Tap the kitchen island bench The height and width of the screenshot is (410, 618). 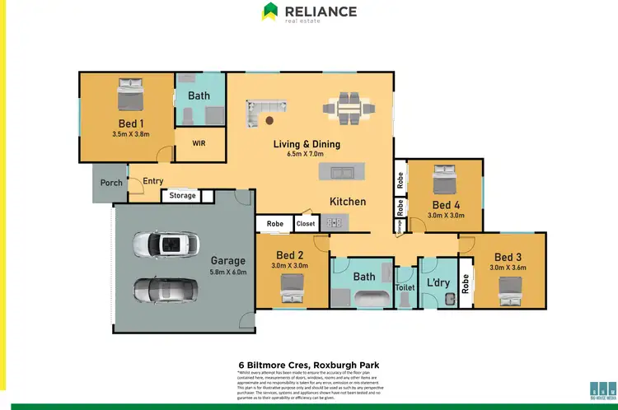pyautogui.click(x=341, y=173)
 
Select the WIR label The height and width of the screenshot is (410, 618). pyautogui.click(x=199, y=142)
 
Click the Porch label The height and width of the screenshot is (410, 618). pyautogui.click(x=111, y=182)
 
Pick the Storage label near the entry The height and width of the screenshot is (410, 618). pyautogui.click(x=183, y=195)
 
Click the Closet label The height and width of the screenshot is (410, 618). pyautogui.click(x=306, y=223)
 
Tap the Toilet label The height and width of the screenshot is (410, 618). pyautogui.click(x=405, y=288)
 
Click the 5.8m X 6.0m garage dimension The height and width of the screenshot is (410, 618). pyautogui.click(x=228, y=273)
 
